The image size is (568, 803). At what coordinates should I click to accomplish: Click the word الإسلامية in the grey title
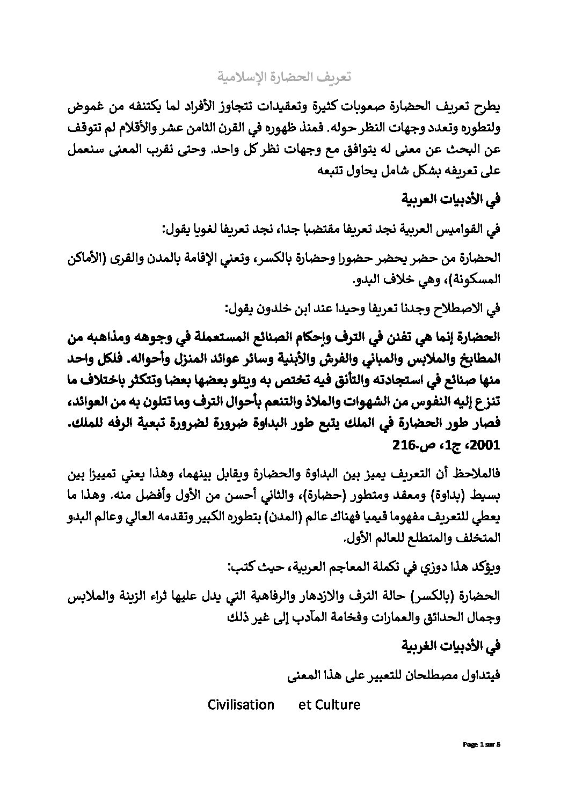[242, 77]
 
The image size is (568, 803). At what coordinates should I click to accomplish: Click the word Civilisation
[241, 704]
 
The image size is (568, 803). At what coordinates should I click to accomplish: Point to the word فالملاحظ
[475, 474]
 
